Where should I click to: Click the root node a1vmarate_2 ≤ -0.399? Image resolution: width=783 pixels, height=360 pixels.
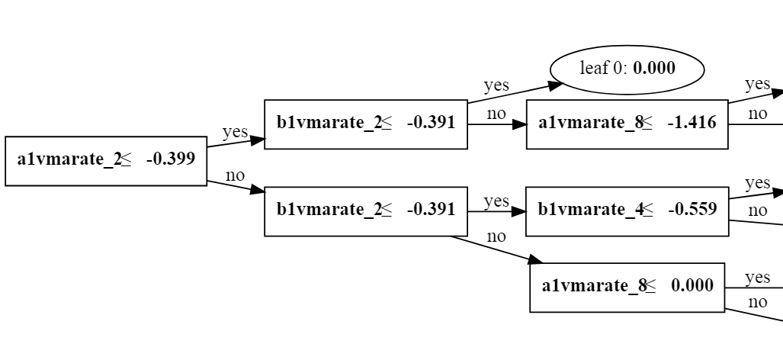pyautogui.click(x=106, y=160)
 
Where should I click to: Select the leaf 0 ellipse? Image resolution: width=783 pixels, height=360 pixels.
pyautogui.click(x=626, y=69)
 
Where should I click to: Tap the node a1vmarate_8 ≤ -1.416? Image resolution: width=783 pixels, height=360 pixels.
pyautogui.click(x=627, y=123)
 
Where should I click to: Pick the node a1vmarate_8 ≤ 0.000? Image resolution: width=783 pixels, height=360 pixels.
pyautogui.click(x=627, y=287)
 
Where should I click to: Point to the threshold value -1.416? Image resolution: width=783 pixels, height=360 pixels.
pyautogui.click(x=691, y=123)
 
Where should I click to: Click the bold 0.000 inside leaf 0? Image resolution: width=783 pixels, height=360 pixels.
pyautogui.click(x=654, y=69)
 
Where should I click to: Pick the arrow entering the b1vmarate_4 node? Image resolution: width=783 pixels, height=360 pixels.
pyautogui.click(x=496, y=211)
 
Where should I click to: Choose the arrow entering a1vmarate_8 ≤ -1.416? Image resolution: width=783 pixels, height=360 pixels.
pyautogui.click(x=496, y=124)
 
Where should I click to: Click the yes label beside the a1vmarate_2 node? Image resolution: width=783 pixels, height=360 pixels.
pyautogui.click(x=235, y=132)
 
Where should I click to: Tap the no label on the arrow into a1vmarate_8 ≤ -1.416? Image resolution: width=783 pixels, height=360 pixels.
pyautogui.click(x=496, y=114)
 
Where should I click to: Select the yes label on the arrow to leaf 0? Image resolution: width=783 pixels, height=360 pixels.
pyautogui.click(x=496, y=85)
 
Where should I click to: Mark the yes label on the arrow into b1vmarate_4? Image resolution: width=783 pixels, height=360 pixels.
pyautogui.click(x=496, y=201)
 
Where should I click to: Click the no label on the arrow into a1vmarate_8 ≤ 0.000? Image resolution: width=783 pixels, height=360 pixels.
pyautogui.click(x=496, y=236)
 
